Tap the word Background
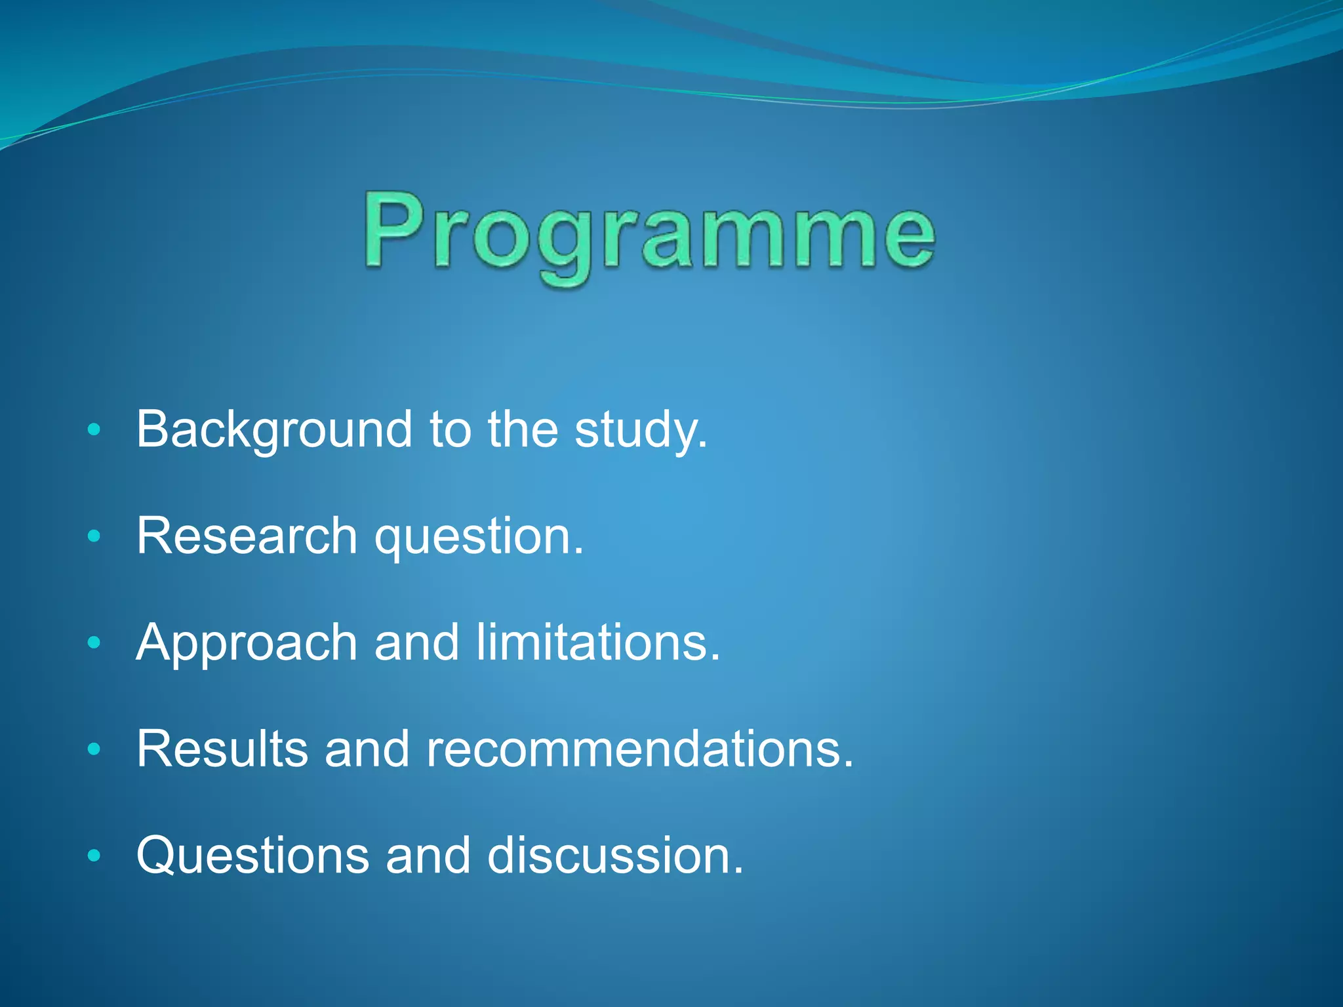(x=274, y=429)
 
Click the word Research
(x=247, y=536)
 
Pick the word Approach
(x=247, y=642)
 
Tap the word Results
(x=222, y=749)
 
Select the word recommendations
(x=633, y=749)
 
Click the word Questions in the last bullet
(x=252, y=855)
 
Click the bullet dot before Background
(x=94, y=430)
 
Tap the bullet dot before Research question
(x=94, y=536)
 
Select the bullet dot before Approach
(x=94, y=642)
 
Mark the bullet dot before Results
(x=94, y=749)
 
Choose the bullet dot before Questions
(x=94, y=855)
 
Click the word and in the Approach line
(x=416, y=642)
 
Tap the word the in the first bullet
(x=523, y=429)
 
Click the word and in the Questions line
(x=428, y=855)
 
